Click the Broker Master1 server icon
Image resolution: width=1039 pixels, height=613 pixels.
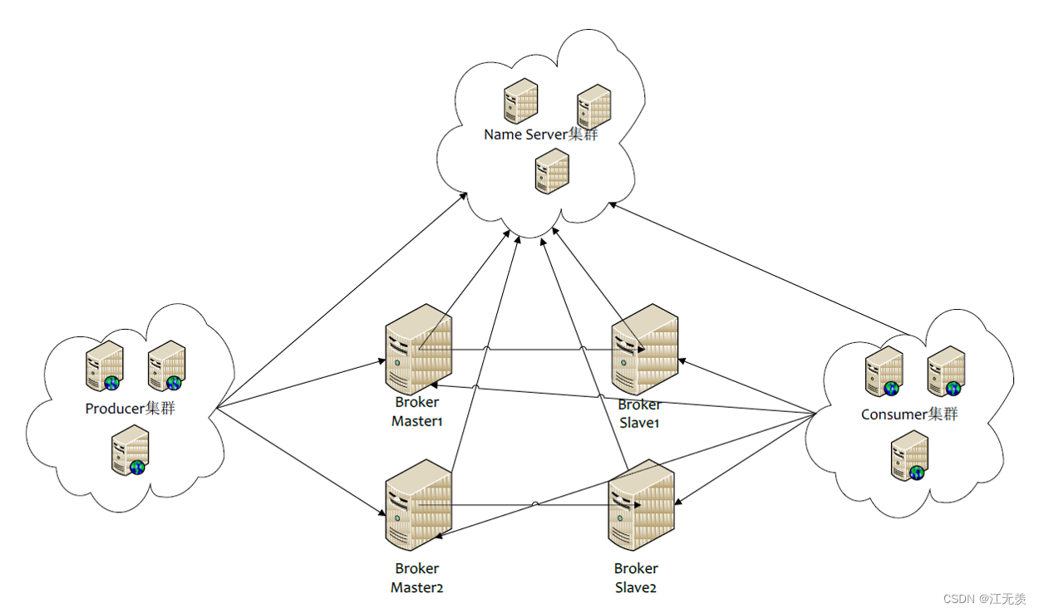tap(418, 349)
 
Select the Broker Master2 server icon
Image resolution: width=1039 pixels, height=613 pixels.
tap(418, 505)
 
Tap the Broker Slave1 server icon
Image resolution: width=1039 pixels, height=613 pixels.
tap(644, 349)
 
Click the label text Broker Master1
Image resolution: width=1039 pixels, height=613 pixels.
tap(417, 412)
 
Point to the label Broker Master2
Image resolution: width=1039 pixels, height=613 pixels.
tap(417, 578)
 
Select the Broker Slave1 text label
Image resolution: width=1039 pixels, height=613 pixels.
tap(639, 414)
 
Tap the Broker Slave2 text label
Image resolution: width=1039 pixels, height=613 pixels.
tap(636, 578)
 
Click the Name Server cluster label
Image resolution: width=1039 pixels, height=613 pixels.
tap(540, 135)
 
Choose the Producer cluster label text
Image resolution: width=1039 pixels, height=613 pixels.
tap(130, 409)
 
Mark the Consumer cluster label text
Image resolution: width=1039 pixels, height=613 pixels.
tap(909, 414)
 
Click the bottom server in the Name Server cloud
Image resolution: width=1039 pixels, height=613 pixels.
tap(551, 171)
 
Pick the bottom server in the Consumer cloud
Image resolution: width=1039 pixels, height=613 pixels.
tap(909, 455)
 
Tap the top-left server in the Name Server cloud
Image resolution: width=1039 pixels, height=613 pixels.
tap(520, 101)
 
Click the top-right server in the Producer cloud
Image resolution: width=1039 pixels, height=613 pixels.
tap(166, 365)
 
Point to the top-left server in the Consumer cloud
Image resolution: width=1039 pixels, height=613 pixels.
tap(884, 371)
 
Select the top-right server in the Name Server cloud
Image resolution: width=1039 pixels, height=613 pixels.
tap(593, 106)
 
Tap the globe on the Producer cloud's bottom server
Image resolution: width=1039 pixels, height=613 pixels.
tap(137, 467)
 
